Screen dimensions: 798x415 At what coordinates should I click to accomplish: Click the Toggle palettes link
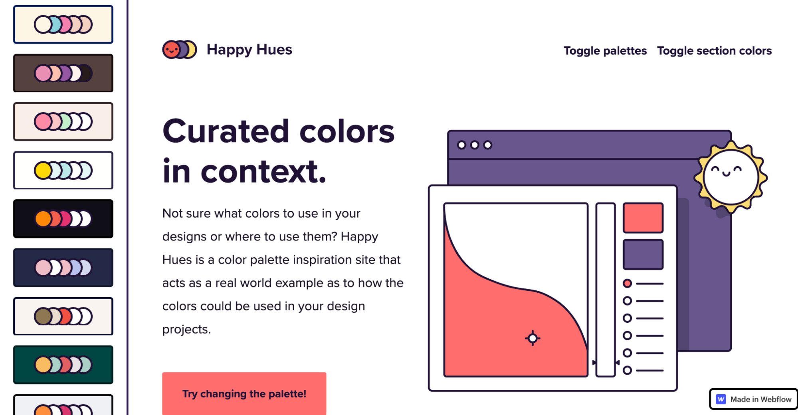(605, 51)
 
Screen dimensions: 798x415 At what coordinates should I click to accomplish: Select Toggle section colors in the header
(714, 51)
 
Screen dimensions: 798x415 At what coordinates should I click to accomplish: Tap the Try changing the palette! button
(244, 393)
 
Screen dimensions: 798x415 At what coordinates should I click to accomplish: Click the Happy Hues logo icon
(179, 50)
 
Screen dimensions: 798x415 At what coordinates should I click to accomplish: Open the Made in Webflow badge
(753, 399)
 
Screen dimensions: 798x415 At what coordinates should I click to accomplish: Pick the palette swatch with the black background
(63, 219)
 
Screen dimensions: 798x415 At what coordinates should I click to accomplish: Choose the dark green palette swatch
(63, 365)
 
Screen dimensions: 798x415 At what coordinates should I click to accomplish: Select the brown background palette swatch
(63, 73)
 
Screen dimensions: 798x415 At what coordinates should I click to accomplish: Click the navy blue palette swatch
(63, 268)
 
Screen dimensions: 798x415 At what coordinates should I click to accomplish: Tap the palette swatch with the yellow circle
(63, 170)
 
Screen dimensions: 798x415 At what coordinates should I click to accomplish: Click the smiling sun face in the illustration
(731, 177)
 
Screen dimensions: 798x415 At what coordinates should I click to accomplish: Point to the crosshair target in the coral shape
(533, 338)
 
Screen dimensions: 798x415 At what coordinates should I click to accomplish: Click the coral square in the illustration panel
(643, 218)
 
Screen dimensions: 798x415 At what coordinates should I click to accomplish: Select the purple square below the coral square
(643, 254)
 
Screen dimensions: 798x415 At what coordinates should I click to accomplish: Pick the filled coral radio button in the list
(627, 284)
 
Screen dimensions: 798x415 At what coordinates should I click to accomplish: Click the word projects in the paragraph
(186, 330)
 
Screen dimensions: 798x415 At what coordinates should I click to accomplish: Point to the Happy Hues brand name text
(249, 50)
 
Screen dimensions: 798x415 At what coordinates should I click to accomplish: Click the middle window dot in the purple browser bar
(475, 145)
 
